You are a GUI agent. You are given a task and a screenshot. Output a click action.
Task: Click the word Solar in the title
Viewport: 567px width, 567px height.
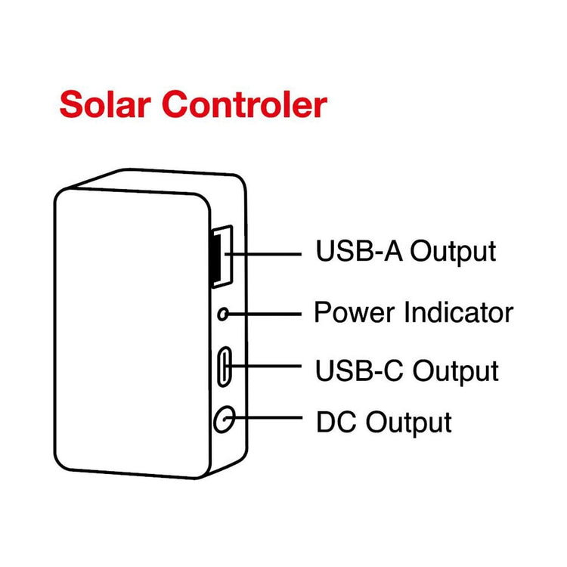click(x=105, y=104)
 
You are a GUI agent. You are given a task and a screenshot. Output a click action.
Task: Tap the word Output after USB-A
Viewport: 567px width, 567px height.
click(x=451, y=251)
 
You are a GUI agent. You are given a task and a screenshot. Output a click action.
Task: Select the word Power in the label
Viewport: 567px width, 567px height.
click(x=353, y=311)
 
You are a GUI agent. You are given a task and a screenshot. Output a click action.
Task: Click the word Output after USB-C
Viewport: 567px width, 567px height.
click(x=454, y=371)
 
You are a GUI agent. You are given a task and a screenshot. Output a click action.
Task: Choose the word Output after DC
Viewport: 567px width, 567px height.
click(x=409, y=421)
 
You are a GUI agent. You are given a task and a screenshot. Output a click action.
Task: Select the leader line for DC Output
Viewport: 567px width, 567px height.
click(x=268, y=418)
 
